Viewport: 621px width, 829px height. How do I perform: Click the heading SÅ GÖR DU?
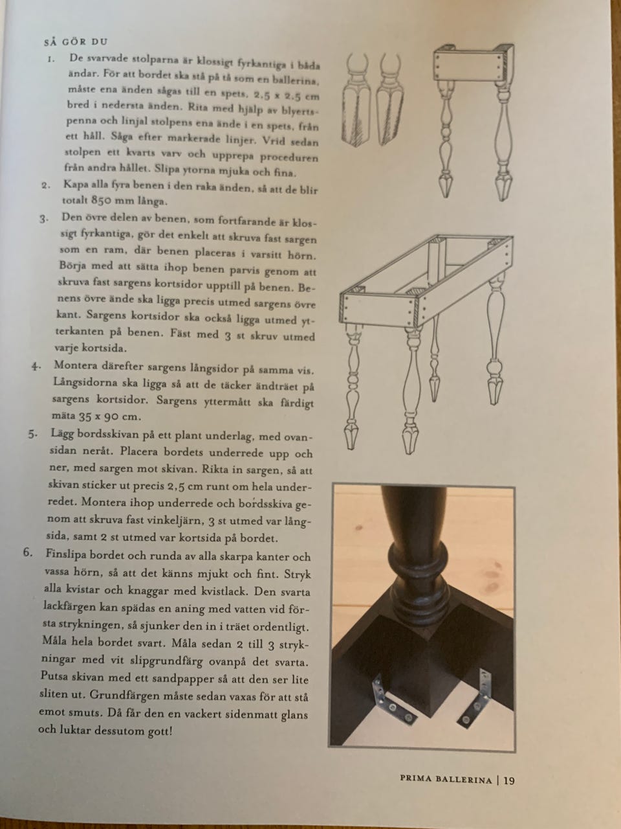(76, 41)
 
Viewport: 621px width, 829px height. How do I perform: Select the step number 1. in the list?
(51, 59)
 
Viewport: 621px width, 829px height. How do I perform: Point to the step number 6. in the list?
(28, 552)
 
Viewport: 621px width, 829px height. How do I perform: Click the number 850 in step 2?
(103, 201)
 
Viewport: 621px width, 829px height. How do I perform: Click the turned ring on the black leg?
(419, 558)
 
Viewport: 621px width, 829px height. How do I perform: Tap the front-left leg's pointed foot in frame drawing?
(351, 437)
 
